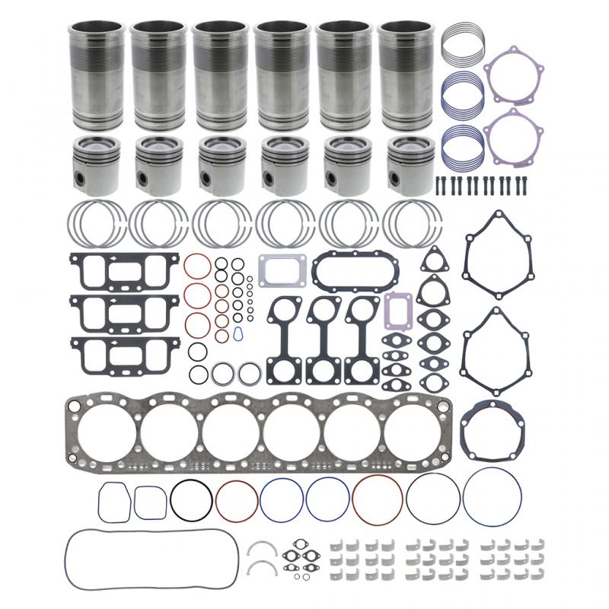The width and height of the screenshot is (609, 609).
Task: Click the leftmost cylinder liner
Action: pos(97,76)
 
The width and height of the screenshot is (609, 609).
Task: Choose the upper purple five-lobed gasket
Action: pos(514,75)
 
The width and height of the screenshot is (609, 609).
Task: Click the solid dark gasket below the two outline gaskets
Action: pos(495,427)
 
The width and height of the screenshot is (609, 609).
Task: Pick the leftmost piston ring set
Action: pos(97,222)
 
